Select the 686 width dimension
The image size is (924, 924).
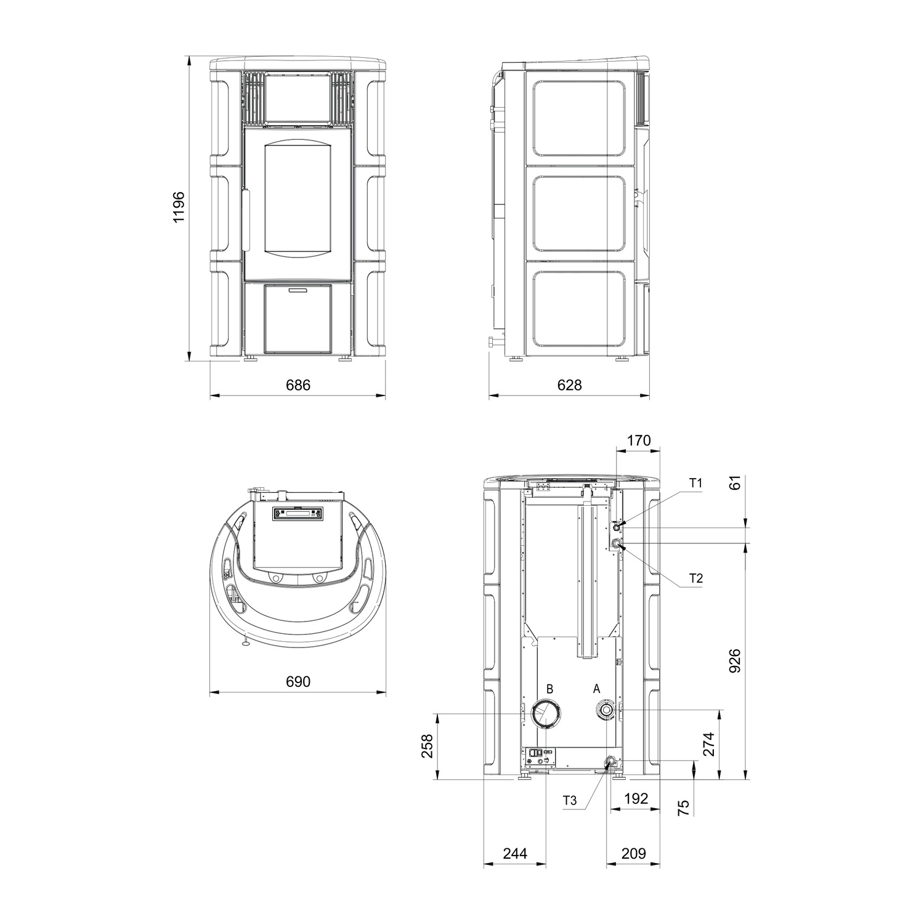(x=298, y=385)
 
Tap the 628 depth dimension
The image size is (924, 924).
(x=569, y=385)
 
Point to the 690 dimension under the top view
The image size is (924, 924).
(x=298, y=681)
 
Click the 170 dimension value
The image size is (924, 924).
(x=638, y=440)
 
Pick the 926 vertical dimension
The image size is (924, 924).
(x=736, y=660)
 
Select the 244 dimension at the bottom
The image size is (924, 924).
(x=515, y=853)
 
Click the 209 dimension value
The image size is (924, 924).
(x=633, y=853)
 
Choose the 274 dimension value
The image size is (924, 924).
(x=708, y=744)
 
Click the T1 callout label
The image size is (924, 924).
(x=695, y=484)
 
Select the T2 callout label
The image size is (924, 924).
(x=695, y=578)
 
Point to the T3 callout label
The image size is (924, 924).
(x=570, y=801)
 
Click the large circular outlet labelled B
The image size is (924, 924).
(x=546, y=714)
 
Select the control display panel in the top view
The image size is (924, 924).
(x=298, y=514)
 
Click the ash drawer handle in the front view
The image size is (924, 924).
(x=298, y=290)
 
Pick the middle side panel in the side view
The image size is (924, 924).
(x=579, y=214)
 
